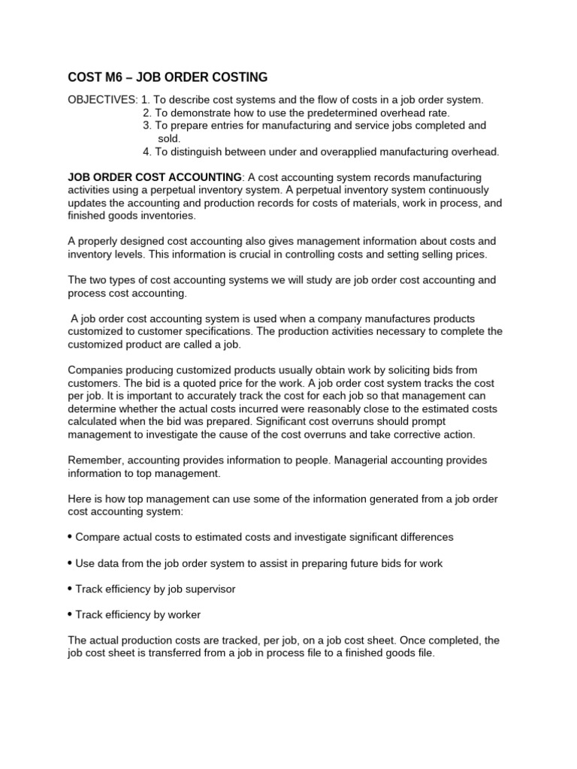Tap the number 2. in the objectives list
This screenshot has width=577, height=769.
(x=147, y=113)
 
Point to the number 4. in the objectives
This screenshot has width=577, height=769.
(x=147, y=152)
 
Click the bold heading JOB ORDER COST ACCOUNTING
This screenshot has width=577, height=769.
(x=154, y=176)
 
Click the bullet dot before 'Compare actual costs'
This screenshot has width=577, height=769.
(x=70, y=537)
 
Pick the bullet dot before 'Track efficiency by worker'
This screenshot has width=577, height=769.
(x=70, y=614)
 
